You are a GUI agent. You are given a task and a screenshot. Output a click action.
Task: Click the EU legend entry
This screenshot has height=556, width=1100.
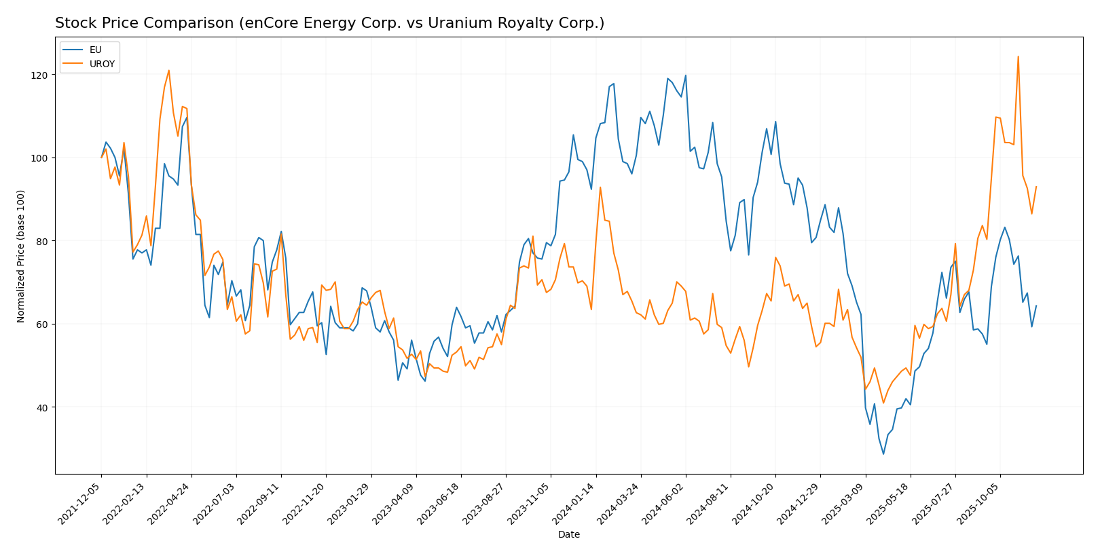[95, 50]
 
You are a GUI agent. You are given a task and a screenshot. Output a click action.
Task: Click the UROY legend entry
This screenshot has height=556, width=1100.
[102, 64]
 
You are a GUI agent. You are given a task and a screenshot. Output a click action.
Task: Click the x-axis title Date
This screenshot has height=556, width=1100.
[568, 535]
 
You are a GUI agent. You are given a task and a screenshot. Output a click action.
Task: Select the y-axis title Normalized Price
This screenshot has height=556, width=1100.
[21, 256]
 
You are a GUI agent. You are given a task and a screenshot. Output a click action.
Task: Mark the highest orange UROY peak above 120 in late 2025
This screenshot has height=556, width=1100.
[1018, 57]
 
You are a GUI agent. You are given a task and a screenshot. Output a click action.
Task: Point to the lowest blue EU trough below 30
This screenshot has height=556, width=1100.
[883, 453]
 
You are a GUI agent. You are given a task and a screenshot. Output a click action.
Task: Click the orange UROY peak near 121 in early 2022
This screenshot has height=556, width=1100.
[169, 71]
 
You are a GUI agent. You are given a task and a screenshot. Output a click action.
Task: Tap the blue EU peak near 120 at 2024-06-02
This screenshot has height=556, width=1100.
[685, 75]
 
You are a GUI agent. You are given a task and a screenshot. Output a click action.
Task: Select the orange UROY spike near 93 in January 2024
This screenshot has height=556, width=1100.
[600, 187]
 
